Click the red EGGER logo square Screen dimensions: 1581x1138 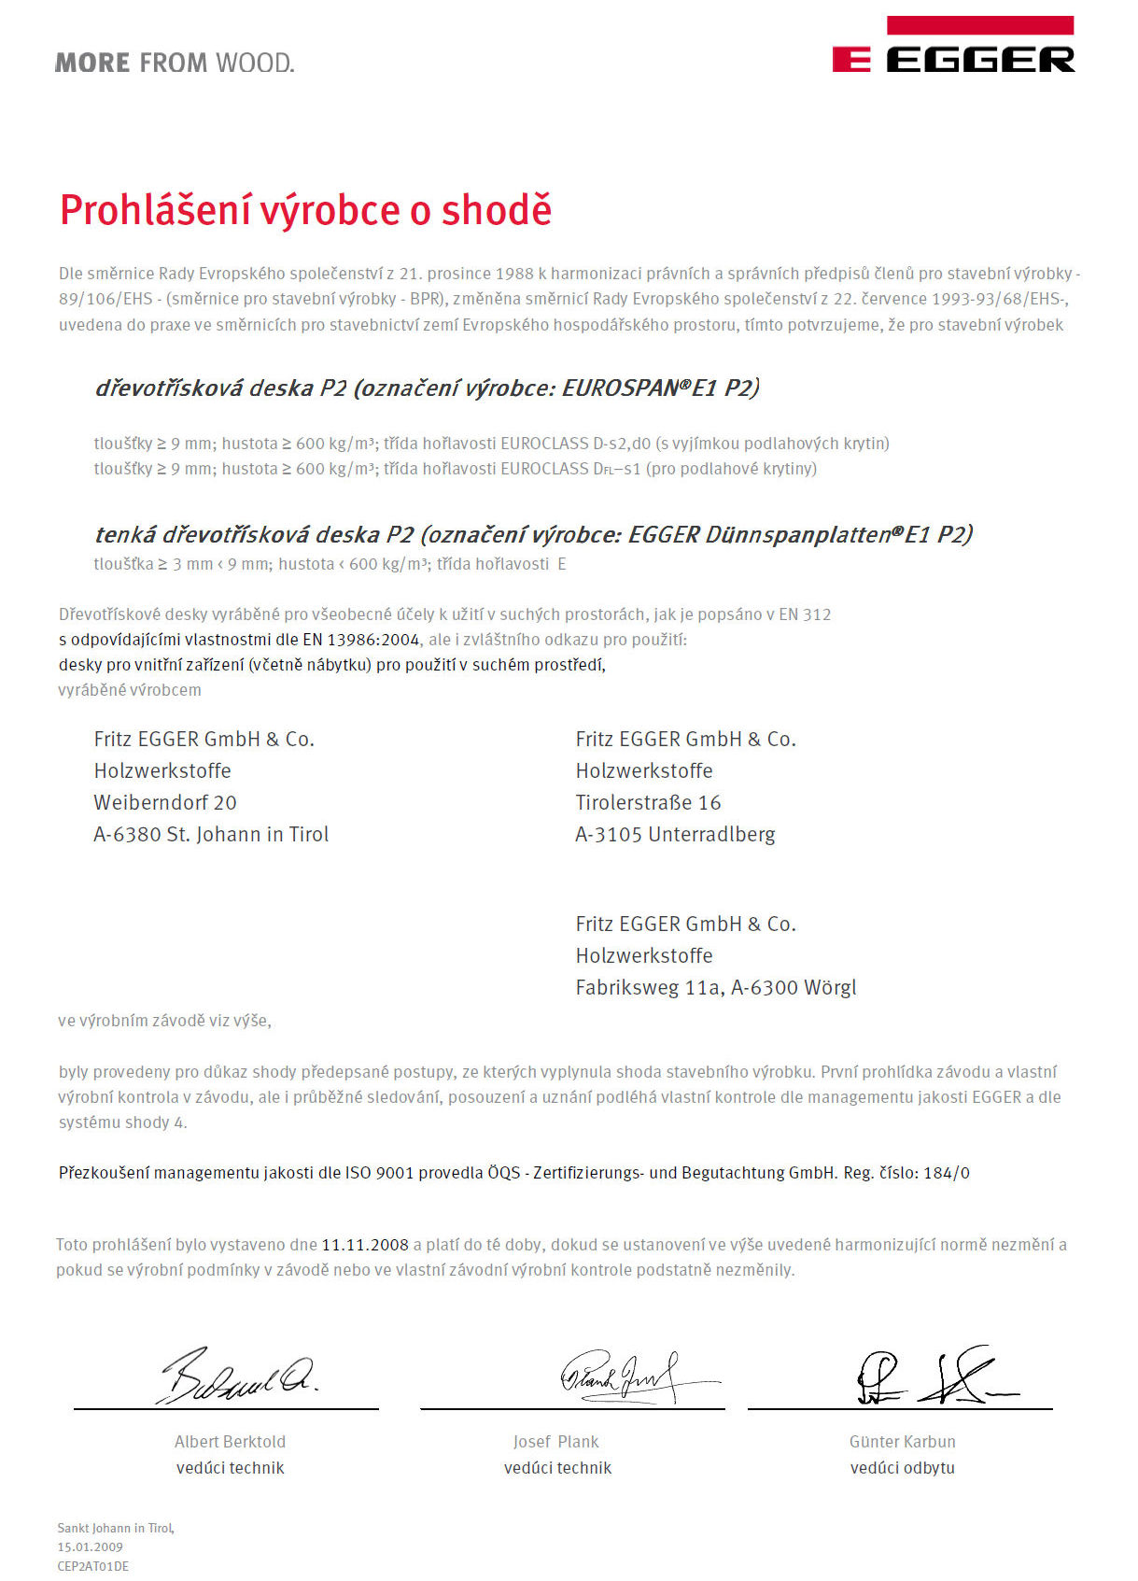pyautogui.click(x=851, y=61)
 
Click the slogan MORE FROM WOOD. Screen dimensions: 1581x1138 pyautogui.click(x=175, y=64)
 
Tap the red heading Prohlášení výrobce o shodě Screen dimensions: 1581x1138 pyautogui.click(x=305, y=210)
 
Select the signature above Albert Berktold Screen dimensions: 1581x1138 pyautogui.click(x=240, y=1376)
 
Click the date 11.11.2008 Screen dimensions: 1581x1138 pyautogui.click(x=365, y=1245)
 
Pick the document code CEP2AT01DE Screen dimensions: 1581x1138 pyautogui.click(x=93, y=1566)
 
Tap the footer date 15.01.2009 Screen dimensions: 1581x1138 pyautogui.click(x=90, y=1546)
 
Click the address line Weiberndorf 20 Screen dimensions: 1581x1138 pyautogui.click(x=165, y=802)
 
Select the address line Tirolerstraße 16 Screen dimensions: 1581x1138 pyautogui.click(x=648, y=802)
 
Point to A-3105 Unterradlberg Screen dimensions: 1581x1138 pyautogui.click(x=675, y=834)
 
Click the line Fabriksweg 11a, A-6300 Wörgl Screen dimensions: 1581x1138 pyautogui.click(x=715, y=987)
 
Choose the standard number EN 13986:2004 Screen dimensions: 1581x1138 pyautogui.click(x=361, y=640)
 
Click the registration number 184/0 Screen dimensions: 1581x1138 pyautogui.click(x=947, y=1173)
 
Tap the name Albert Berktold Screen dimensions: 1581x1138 pyautogui.click(x=230, y=1442)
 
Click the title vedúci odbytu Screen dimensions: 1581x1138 pyautogui.click(x=902, y=1468)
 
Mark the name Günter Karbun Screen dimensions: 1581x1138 pyautogui.click(x=902, y=1442)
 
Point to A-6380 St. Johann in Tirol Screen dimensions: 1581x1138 pyautogui.click(x=211, y=834)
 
